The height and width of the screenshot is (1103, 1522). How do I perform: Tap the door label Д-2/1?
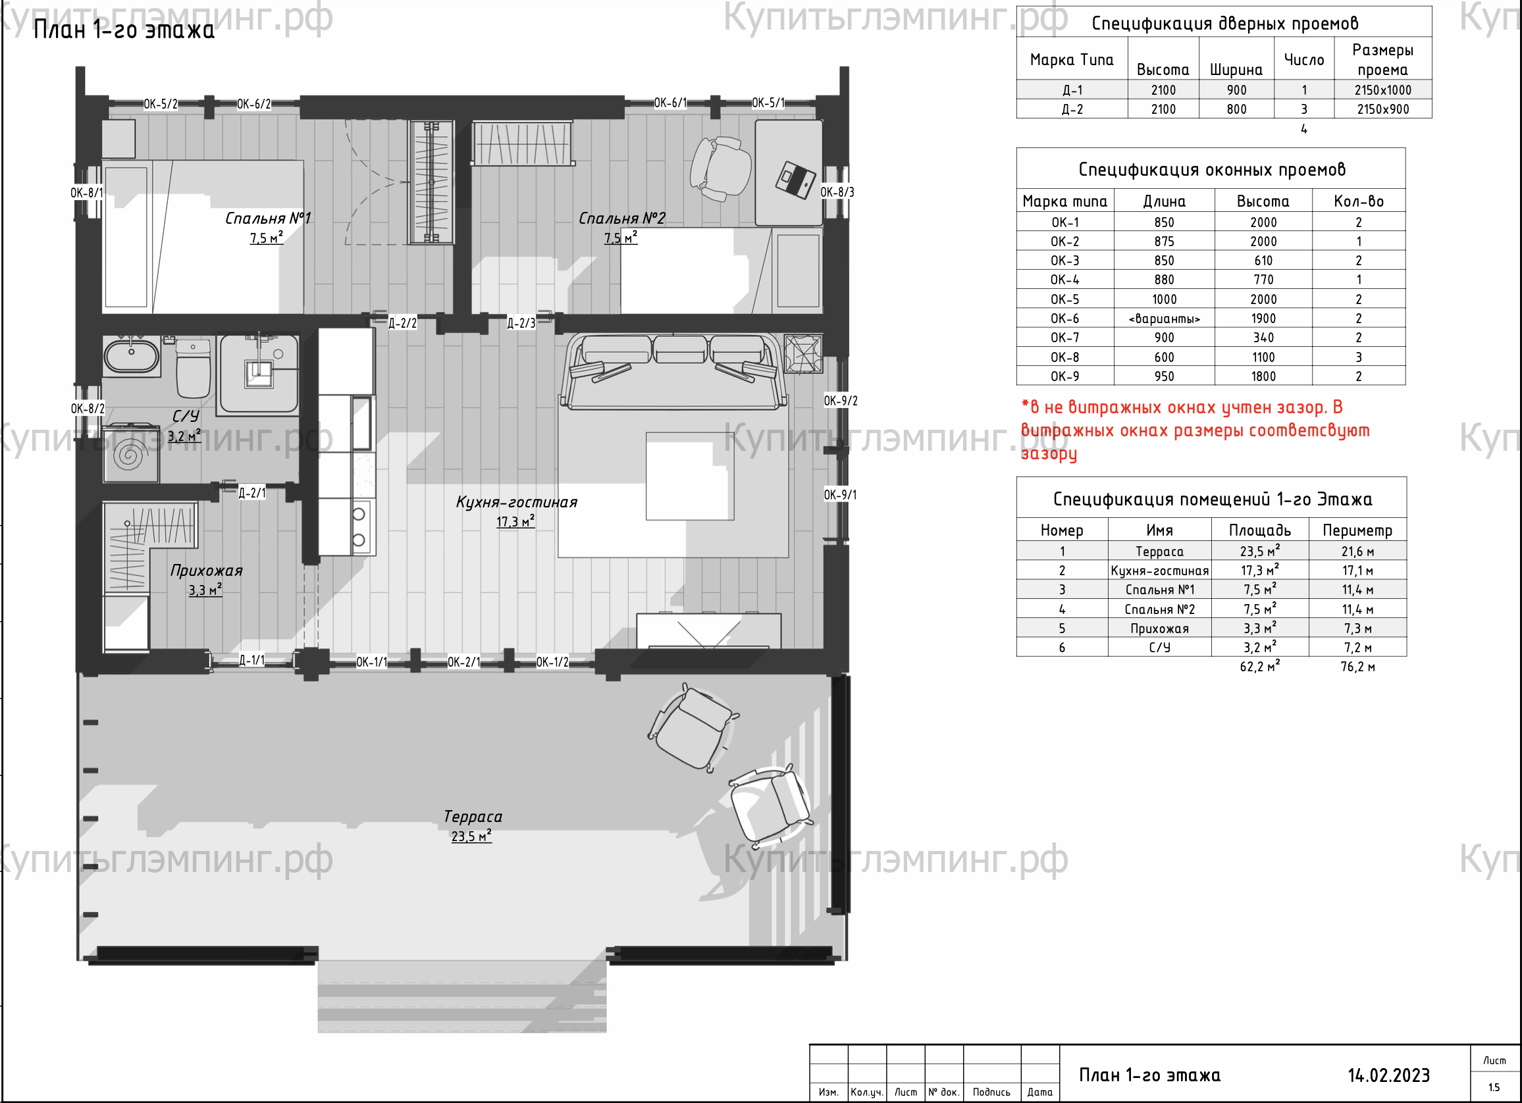[252, 493]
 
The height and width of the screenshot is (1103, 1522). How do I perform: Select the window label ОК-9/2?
[840, 401]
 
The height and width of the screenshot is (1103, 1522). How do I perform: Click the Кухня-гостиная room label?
[517, 503]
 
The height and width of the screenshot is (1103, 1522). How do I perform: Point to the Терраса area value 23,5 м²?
[471, 836]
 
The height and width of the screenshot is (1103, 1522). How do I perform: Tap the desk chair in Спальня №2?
[720, 168]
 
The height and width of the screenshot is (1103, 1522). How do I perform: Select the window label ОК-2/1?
[463, 662]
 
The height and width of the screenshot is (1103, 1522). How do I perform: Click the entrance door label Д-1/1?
[251, 661]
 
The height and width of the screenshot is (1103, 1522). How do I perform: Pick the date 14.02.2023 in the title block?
[1388, 1076]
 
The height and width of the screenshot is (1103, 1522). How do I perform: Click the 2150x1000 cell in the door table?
[1382, 90]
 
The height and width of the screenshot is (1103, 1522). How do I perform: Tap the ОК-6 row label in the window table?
[1065, 319]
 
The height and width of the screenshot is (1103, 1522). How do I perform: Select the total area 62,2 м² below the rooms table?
[1259, 666]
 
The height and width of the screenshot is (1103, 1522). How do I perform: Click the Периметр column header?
[1357, 530]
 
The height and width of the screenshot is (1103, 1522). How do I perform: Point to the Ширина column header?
[1236, 70]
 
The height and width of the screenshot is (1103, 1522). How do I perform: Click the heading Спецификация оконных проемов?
[1212, 170]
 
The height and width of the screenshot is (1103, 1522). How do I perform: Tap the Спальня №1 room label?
[268, 218]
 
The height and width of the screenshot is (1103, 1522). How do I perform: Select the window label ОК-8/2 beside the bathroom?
[88, 409]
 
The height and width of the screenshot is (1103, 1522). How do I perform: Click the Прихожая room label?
[206, 571]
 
